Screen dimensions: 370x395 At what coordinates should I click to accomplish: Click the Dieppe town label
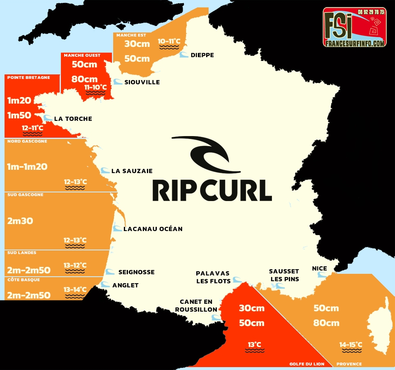202,55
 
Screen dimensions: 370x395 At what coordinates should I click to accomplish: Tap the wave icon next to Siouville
118,82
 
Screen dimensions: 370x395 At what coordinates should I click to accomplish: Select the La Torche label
73,119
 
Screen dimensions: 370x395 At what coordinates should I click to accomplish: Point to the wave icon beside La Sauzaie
105,170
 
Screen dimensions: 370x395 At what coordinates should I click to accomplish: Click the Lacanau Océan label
153,229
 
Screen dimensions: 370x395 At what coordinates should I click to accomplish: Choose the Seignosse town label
136,272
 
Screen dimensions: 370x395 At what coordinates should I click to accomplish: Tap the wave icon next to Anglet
106,284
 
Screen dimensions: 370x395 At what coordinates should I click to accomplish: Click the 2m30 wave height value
20,221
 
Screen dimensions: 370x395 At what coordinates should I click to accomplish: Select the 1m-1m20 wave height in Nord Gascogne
27,166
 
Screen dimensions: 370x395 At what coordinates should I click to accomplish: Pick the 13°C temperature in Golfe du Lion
254,345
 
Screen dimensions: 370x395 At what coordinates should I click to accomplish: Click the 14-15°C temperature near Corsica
351,345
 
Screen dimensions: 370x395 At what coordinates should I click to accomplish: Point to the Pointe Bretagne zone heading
29,77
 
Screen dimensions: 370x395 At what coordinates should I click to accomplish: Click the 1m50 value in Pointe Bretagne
19,115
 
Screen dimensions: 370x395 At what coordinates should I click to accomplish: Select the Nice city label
319,268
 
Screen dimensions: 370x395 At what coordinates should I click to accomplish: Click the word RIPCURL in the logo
212,190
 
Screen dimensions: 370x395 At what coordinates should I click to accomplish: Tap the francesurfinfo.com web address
355,43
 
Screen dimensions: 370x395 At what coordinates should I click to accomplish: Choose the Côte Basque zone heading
21,280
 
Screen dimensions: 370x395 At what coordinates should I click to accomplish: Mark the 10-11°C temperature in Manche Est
169,41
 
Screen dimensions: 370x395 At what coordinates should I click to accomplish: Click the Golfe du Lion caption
307,364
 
